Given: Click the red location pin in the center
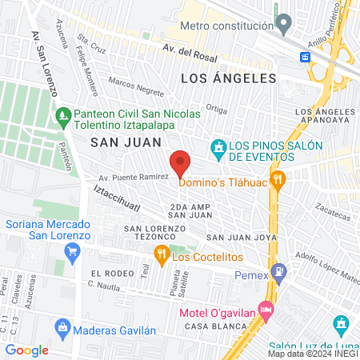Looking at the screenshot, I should pyautogui.click(x=180, y=163).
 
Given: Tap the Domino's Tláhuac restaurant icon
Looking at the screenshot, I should pyautogui.click(x=278, y=180).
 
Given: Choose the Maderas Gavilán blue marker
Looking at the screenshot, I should pyautogui.click(x=62, y=327).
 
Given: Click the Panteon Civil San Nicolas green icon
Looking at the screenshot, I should pyautogui.click(x=64, y=119).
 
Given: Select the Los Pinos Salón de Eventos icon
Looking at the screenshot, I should pyautogui.click(x=218, y=147).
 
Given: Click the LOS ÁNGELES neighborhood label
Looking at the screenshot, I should pyautogui.click(x=229, y=78).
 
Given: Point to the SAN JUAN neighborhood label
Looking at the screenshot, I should pyautogui.click(x=121, y=142).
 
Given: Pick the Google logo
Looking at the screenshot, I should pyautogui.click(x=27, y=350).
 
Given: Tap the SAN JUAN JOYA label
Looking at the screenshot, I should pyautogui.click(x=241, y=238).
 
